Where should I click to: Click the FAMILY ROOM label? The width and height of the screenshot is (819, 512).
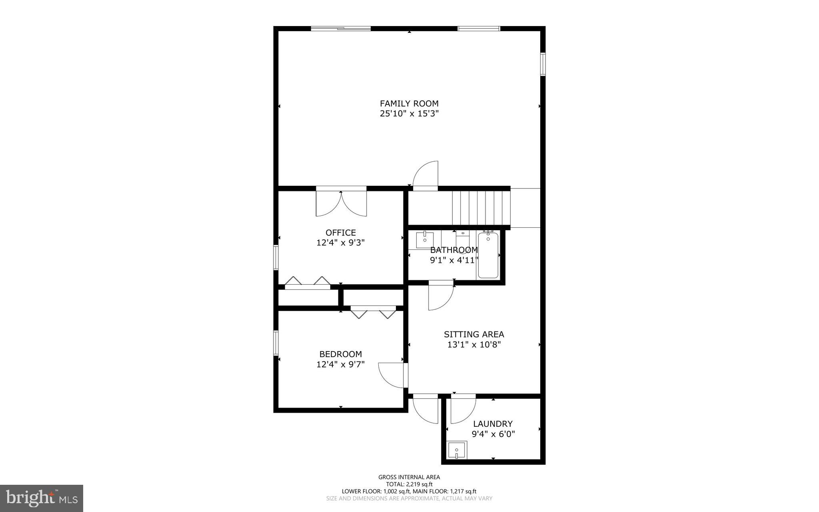409,104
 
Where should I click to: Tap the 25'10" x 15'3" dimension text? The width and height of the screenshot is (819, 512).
409,114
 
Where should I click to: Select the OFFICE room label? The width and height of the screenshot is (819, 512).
341,233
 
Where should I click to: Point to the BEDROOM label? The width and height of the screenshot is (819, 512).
341,354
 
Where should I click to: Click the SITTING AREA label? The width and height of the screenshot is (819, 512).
474,334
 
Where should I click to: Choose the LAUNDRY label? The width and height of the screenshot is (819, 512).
493,424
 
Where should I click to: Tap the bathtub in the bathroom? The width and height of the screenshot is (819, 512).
488,255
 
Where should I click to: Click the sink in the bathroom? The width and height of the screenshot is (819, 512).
425,240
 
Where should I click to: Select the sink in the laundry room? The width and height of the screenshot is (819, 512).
457,451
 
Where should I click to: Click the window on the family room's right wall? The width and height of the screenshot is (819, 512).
543,64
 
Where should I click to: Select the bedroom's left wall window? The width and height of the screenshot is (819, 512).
276,343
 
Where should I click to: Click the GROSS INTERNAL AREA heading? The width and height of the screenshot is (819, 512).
409,477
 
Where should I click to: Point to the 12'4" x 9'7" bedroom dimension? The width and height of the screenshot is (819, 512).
341,364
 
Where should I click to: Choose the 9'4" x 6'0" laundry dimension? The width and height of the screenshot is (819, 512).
493,434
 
